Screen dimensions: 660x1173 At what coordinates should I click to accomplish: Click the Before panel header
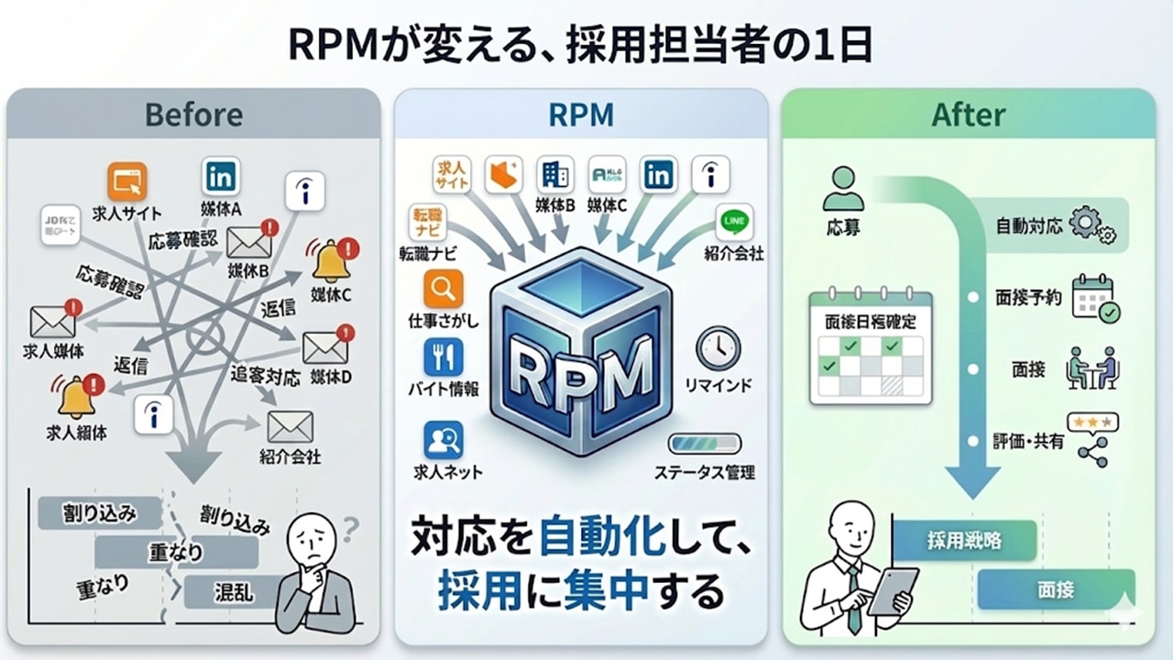(x=193, y=115)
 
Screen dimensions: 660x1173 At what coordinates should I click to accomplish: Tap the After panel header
(x=968, y=115)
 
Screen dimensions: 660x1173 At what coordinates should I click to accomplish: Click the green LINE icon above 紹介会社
(x=734, y=223)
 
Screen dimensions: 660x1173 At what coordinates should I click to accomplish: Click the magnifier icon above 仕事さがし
(x=444, y=290)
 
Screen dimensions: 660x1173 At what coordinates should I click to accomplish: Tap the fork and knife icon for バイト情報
(x=444, y=358)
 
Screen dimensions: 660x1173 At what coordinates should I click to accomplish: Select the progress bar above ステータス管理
(x=703, y=445)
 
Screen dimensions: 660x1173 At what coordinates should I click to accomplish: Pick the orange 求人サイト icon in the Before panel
(x=126, y=181)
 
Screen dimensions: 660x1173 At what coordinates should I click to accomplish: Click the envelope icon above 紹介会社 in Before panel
(x=290, y=426)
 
